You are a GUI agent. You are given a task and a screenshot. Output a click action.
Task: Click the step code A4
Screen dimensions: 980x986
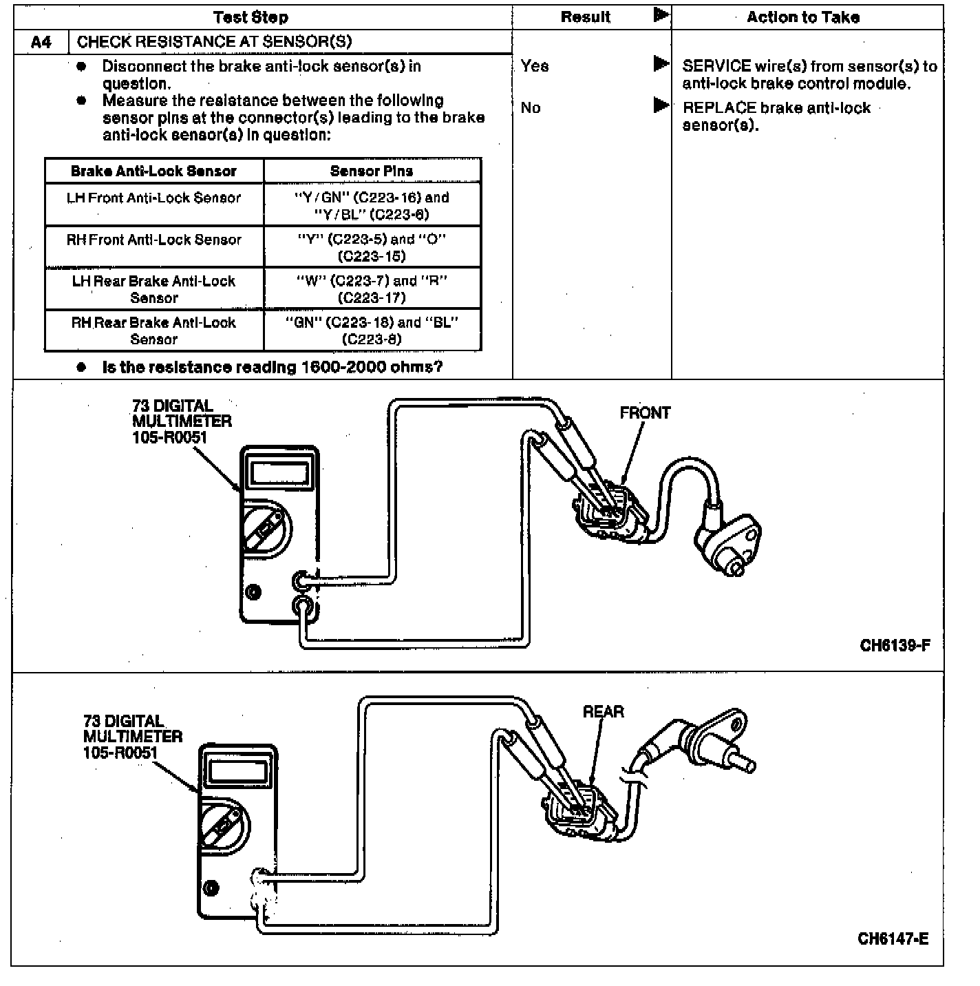41,42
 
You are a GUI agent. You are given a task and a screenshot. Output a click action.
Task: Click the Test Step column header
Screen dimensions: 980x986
251,17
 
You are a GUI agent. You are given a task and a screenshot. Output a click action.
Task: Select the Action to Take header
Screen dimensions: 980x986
803,17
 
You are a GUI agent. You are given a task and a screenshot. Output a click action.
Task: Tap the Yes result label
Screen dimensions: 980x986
535,66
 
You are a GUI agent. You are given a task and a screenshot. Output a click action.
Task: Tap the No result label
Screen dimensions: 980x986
531,108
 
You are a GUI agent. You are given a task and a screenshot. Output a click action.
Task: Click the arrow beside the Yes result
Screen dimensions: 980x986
661,64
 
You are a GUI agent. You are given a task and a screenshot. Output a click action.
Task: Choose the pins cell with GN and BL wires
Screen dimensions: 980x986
372,331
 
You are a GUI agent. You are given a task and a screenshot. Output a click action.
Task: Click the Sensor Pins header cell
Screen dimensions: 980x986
372,171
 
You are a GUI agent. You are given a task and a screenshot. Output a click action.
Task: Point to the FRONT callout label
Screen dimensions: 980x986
645,413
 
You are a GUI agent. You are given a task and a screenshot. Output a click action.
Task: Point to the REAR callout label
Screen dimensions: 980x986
604,712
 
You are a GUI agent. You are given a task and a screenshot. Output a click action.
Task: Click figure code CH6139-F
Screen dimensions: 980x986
895,646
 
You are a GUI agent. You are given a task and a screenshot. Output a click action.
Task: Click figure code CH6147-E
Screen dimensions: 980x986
893,939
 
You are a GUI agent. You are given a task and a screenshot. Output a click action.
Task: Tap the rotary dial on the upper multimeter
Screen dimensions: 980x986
266,529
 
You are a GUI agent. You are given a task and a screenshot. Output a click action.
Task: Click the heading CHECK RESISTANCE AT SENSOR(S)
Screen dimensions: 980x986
214,42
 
